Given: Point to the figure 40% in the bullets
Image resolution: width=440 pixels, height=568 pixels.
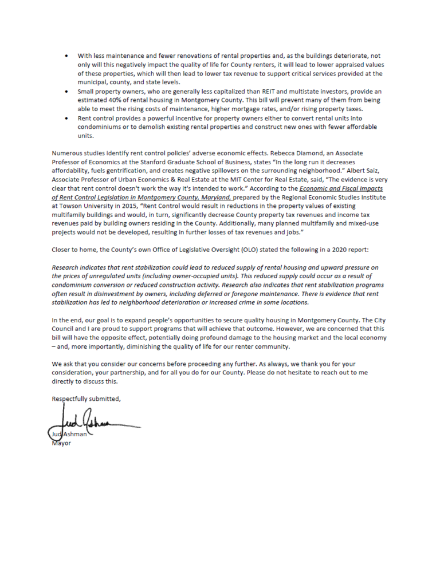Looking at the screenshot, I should tap(105, 100).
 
